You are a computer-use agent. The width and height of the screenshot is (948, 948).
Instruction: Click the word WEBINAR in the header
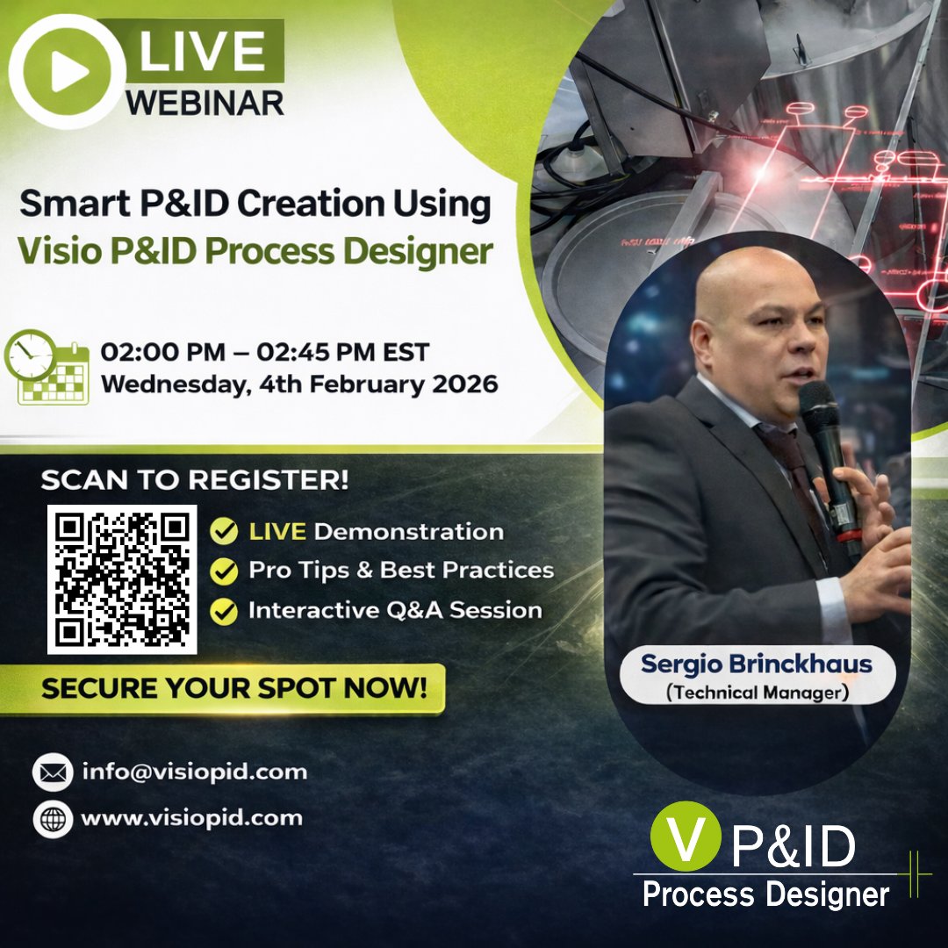(x=205, y=103)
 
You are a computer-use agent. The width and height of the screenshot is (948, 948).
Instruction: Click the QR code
(x=122, y=578)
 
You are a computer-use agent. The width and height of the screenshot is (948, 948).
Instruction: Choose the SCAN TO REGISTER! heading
(x=194, y=480)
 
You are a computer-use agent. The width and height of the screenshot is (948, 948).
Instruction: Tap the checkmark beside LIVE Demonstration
(x=226, y=531)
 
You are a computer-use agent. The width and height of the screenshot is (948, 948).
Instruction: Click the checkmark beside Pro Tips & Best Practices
(x=226, y=571)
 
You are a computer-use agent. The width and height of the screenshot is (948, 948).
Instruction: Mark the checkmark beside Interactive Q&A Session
(x=226, y=611)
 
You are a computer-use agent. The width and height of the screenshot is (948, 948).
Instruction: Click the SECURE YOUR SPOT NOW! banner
(x=233, y=688)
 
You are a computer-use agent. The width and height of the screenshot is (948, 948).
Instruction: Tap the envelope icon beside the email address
(x=53, y=772)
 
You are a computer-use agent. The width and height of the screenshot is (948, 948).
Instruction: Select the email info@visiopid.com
(x=194, y=772)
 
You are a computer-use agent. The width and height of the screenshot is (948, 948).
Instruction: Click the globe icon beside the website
(x=53, y=818)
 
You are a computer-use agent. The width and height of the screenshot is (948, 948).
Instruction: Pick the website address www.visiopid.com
(x=191, y=818)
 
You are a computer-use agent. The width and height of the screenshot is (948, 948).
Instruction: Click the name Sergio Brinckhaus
(x=756, y=664)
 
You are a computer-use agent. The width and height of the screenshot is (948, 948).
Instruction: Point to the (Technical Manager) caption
(x=756, y=692)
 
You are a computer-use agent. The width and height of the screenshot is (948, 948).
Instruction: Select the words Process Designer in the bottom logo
(x=765, y=894)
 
